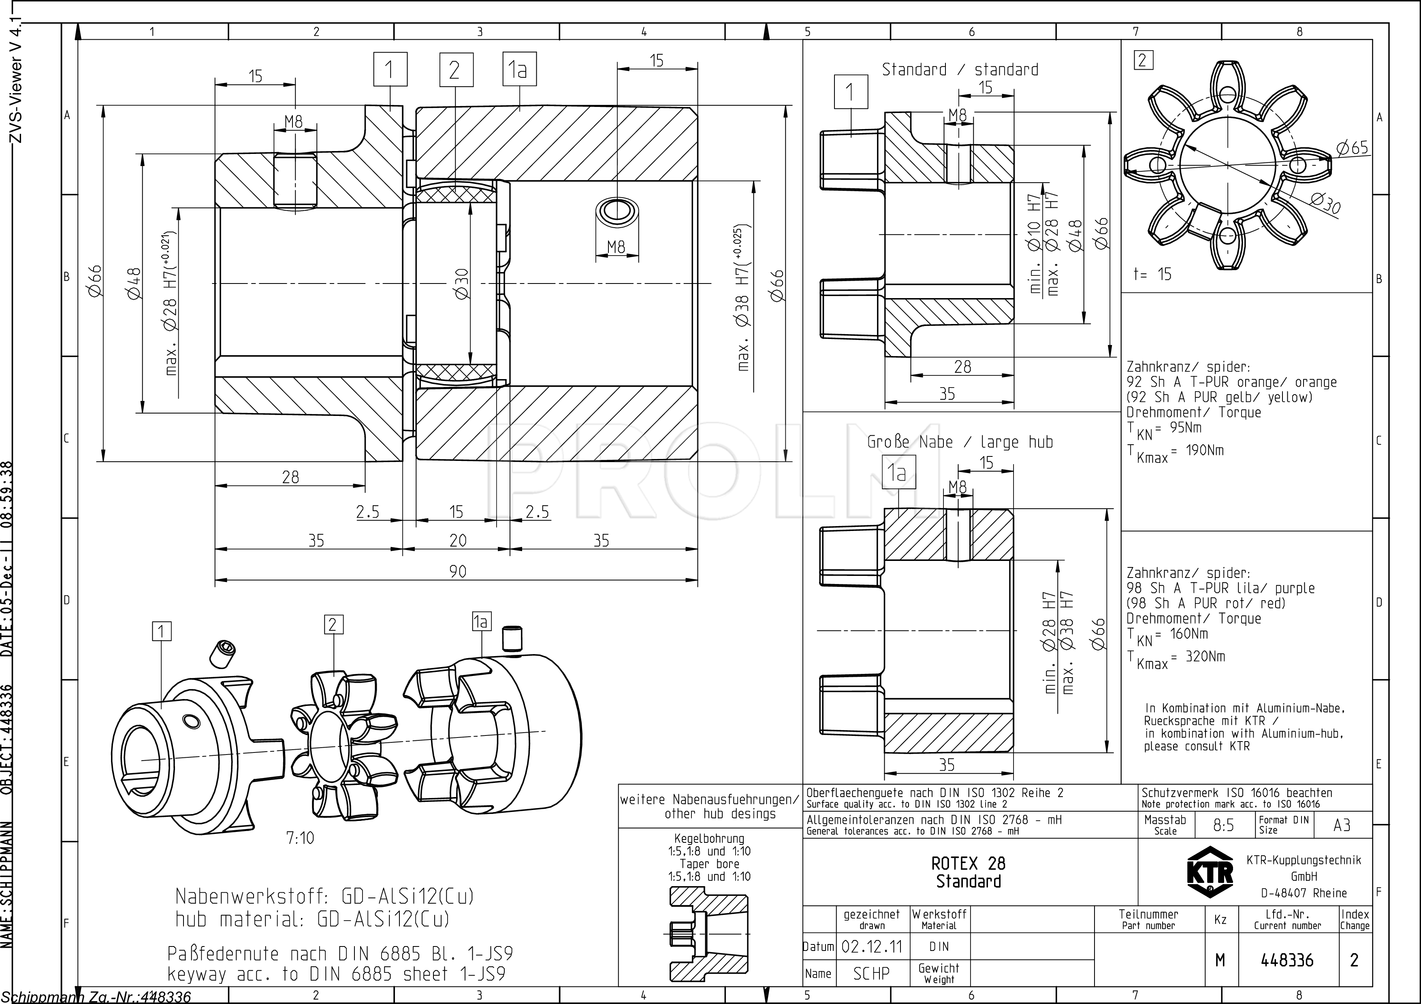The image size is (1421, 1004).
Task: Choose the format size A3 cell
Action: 1342,825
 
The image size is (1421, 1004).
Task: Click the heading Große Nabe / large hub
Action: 960,442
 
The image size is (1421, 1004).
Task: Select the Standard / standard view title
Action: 960,69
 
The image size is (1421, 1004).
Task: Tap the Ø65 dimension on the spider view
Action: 1352,147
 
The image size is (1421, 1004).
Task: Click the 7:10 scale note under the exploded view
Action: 300,838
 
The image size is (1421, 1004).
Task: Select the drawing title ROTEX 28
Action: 969,863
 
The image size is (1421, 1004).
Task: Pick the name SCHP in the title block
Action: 871,974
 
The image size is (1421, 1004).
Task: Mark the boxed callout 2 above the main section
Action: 456,70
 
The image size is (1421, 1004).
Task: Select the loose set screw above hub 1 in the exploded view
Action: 224,654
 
